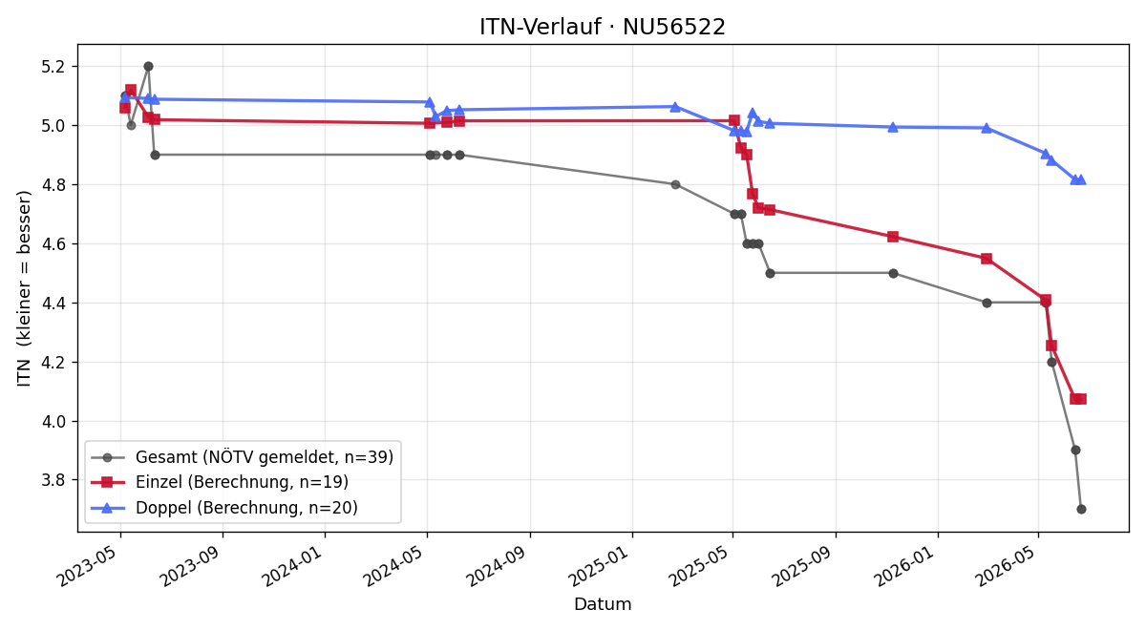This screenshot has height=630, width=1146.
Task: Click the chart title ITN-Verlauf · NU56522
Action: (x=603, y=27)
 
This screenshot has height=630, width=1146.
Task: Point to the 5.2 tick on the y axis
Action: (x=53, y=67)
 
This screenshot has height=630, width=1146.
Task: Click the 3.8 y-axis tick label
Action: (x=53, y=480)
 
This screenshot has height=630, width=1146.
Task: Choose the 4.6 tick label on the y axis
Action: (x=53, y=244)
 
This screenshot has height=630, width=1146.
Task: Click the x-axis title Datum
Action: (x=603, y=604)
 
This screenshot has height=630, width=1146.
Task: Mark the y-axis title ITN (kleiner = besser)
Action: (x=24, y=288)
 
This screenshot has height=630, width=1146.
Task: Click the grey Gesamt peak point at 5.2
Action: (x=148, y=67)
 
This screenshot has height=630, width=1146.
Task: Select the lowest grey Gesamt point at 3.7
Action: (x=1081, y=510)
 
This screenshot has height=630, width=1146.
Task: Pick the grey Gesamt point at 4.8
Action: (x=675, y=184)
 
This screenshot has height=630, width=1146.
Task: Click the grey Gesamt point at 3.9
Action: (x=1075, y=450)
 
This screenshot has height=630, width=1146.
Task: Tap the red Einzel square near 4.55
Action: (x=987, y=259)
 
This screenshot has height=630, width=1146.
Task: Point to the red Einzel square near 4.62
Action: (x=893, y=237)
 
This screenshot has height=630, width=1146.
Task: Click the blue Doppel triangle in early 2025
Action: (x=675, y=107)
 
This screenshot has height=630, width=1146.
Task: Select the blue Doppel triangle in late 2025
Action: (x=893, y=127)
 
